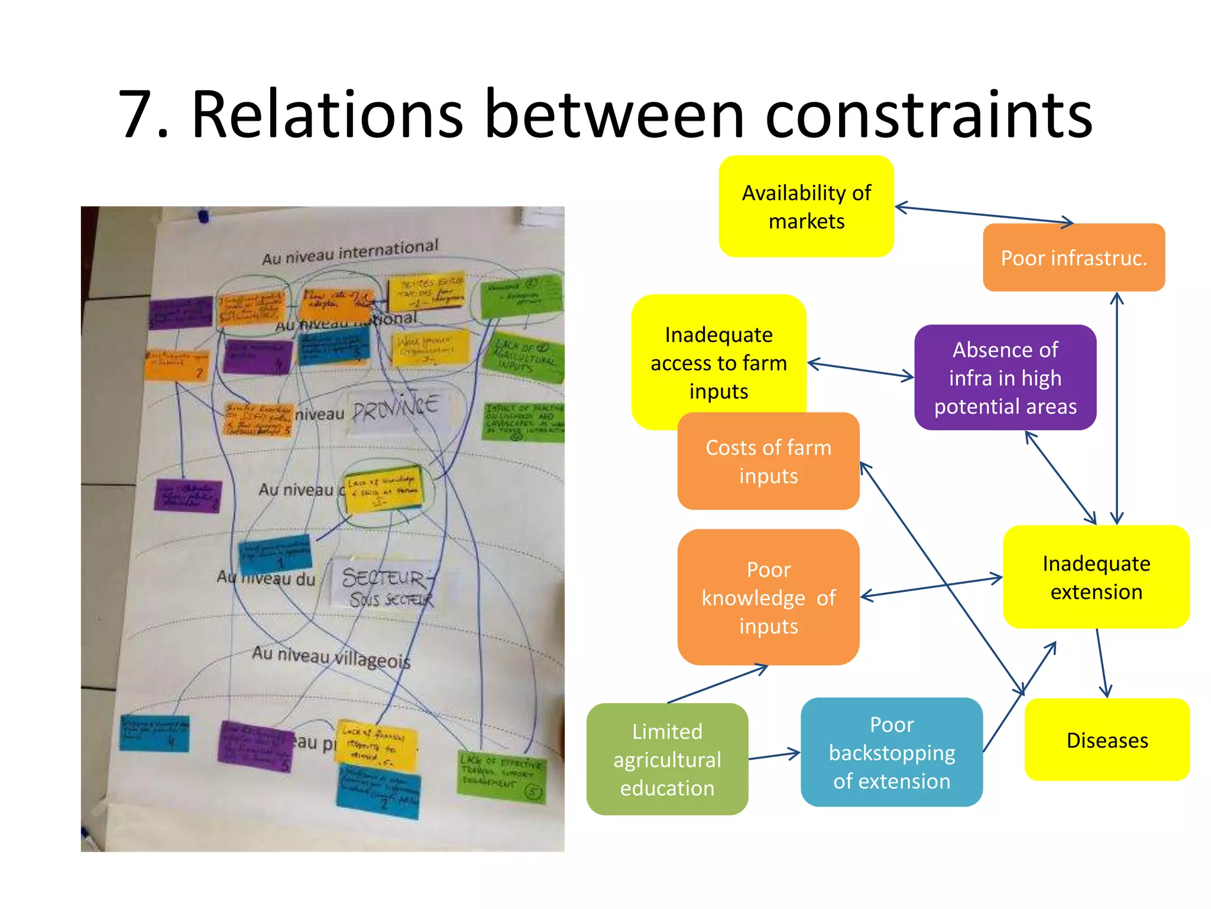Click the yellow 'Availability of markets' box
806,207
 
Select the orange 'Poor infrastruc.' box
1073,258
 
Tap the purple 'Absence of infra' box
1005,378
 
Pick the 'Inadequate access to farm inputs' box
718,355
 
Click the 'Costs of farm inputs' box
768,462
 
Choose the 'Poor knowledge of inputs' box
768,598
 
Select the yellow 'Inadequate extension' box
1096,577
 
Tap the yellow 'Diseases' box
1106,740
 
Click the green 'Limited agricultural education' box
667,759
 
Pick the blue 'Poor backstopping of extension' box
891,752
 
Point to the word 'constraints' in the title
928,115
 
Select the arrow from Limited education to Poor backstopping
774,756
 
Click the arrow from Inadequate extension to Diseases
1102,663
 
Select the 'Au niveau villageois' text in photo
331,657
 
